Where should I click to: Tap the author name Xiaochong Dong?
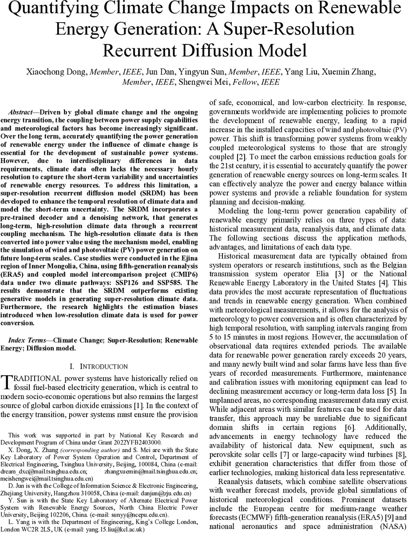coord(60,72)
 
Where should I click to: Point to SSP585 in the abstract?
coord(185,282)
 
